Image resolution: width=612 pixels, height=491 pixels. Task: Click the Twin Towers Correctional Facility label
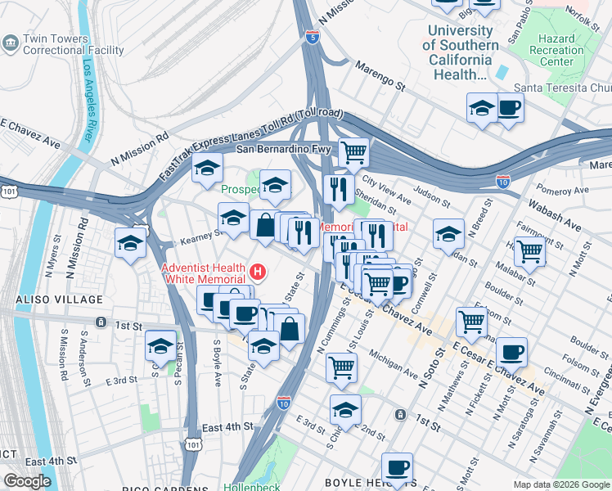click(x=74, y=45)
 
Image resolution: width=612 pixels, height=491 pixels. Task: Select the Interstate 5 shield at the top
click(x=312, y=36)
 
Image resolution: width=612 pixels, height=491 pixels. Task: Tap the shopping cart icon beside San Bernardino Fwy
click(x=353, y=151)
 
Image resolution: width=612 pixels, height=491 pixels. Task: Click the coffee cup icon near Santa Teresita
click(x=509, y=108)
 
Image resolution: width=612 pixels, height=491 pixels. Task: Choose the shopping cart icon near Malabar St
click(x=531, y=252)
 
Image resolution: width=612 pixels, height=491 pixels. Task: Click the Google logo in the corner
click(x=27, y=480)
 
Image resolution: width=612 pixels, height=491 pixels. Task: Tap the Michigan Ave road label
click(x=394, y=365)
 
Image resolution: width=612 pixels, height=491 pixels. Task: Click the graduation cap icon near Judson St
click(x=448, y=233)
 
